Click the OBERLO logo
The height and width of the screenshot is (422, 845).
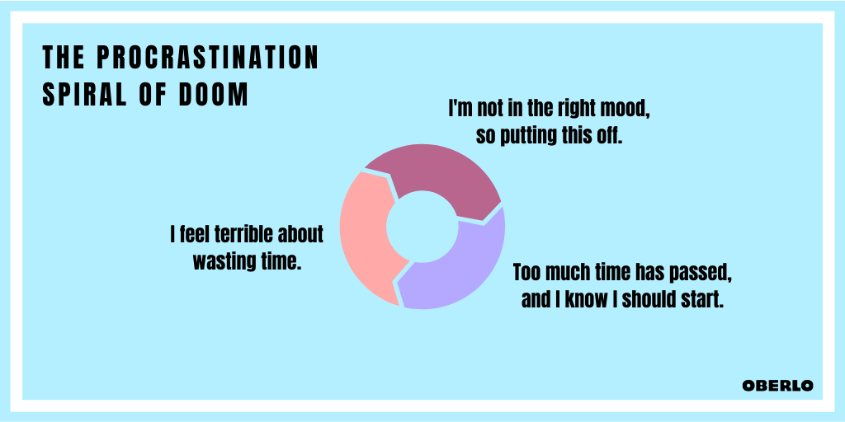[x=777, y=386]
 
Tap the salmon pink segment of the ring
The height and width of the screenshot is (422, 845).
[x=366, y=237]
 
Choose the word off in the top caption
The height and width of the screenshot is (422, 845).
[x=611, y=136]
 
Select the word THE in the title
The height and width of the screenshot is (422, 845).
[x=64, y=58]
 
